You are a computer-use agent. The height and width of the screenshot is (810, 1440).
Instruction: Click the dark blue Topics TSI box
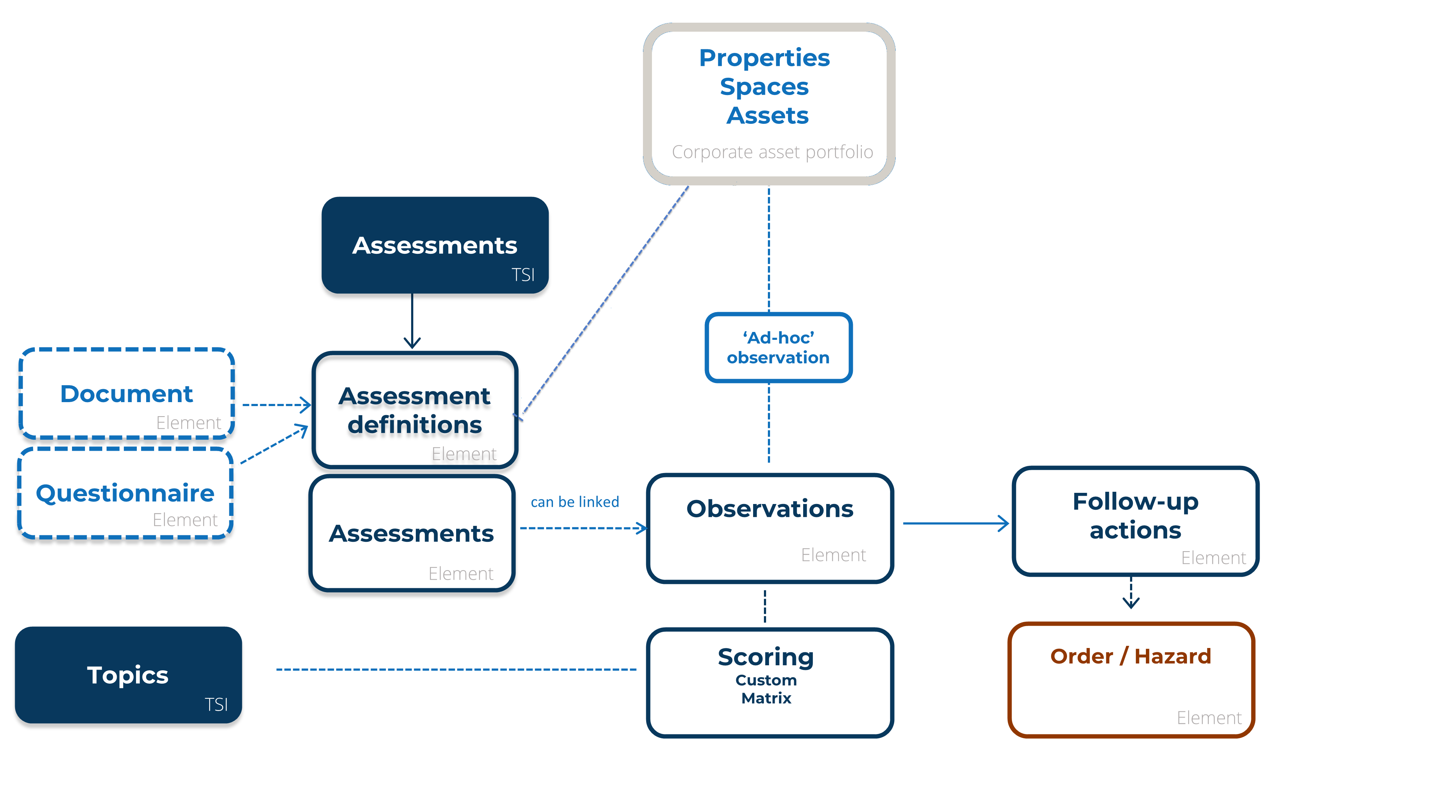coord(128,674)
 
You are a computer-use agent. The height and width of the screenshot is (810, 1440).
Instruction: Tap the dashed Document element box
coord(126,393)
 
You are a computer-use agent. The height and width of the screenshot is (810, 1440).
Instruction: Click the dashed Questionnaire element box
coord(125,493)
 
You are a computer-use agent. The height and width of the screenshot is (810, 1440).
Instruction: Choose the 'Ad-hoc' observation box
coord(778,347)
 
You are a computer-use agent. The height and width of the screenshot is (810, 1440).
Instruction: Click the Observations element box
coord(769,528)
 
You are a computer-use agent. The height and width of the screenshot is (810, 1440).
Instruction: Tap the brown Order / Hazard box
coord(1130,679)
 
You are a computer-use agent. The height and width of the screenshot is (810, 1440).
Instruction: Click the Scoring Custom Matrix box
coord(769,682)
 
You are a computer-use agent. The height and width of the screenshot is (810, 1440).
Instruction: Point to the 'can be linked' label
coord(575,501)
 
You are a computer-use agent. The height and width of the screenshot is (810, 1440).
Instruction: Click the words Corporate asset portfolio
coord(772,152)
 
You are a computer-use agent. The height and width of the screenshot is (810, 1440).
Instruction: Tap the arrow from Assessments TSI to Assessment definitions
coord(412,321)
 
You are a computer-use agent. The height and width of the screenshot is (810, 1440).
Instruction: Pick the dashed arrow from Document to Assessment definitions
coord(276,405)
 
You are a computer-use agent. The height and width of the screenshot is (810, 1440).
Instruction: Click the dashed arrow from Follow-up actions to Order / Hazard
coord(1130,593)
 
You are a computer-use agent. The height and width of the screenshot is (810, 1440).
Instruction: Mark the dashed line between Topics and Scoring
coord(456,669)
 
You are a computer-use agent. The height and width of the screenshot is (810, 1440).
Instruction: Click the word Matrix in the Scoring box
coord(766,698)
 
